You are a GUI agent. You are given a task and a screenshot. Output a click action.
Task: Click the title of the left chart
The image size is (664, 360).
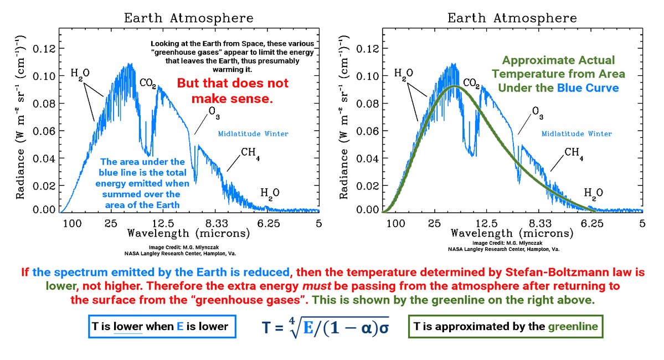click(x=189, y=18)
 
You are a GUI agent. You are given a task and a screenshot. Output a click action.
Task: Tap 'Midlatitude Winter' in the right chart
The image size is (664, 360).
click(x=577, y=134)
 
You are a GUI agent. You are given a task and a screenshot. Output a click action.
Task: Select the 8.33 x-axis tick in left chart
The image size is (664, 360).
click(x=215, y=223)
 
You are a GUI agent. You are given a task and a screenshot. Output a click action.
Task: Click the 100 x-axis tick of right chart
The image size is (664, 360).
click(x=395, y=223)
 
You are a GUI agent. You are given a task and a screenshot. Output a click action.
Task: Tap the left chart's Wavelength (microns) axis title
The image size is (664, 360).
click(x=189, y=233)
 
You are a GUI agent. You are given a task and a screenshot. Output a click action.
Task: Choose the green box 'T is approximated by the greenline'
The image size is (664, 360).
click(x=505, y=326)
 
